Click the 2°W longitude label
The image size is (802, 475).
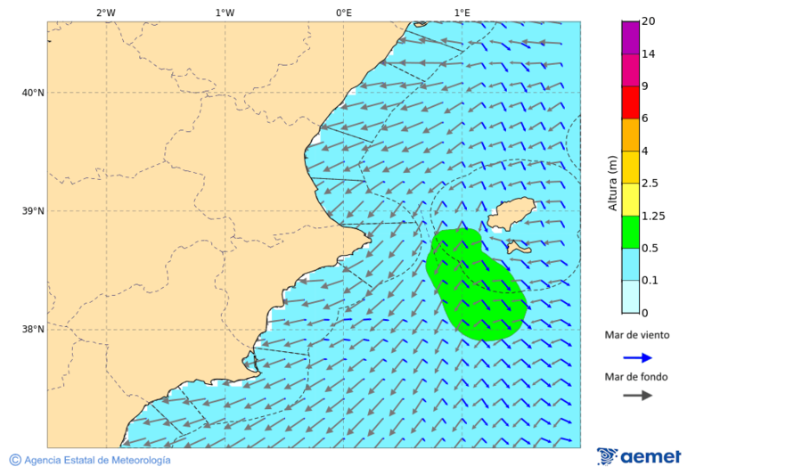(x=105, y=12)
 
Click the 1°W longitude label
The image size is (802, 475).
(x=225, y=12)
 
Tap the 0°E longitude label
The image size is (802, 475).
(x=343, y=12)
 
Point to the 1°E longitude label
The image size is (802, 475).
(x=462, y=12)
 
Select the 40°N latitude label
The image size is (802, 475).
(x=33, y=93)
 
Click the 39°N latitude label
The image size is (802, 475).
(x=33, y=211)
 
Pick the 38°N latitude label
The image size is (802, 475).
(x=33, y=330)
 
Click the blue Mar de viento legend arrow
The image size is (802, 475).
(x=637, y=357)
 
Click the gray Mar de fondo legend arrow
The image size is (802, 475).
(x=637, y=396)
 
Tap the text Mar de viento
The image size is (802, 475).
(x=636, y=335)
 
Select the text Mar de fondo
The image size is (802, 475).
(x=636, y=376)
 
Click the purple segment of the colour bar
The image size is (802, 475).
(x=631, y=37)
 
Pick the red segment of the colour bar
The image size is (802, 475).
(x=631, y=102)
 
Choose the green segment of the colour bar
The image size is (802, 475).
(x=631, y=232)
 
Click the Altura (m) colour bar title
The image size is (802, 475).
(x=612, y=183)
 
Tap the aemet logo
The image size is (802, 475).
(x=639, y=456)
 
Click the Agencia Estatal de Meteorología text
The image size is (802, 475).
(x=96, y=460)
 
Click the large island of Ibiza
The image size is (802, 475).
(x=511, y=214)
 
